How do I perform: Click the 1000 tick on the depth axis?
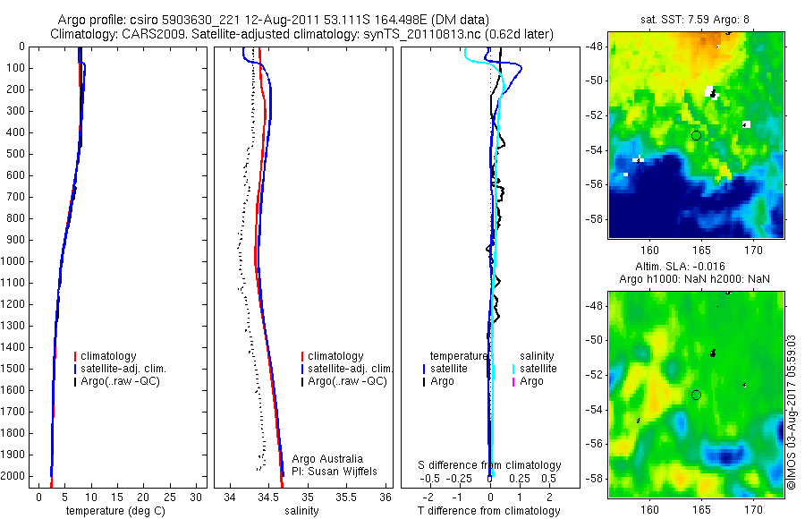(16, 261)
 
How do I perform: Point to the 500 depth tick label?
(16, 154)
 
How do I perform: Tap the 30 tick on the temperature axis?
(198, 497)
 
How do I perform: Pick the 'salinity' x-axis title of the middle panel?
(301, 511)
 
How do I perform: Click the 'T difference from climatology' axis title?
(488, 511)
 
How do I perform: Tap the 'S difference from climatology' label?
(490, 465)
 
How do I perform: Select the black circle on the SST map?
(696, 135)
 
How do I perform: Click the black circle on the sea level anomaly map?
(696, 395)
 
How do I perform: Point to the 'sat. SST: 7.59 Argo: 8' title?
(695, 19)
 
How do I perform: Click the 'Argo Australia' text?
(327, 459)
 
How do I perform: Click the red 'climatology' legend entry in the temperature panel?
(106, 356)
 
